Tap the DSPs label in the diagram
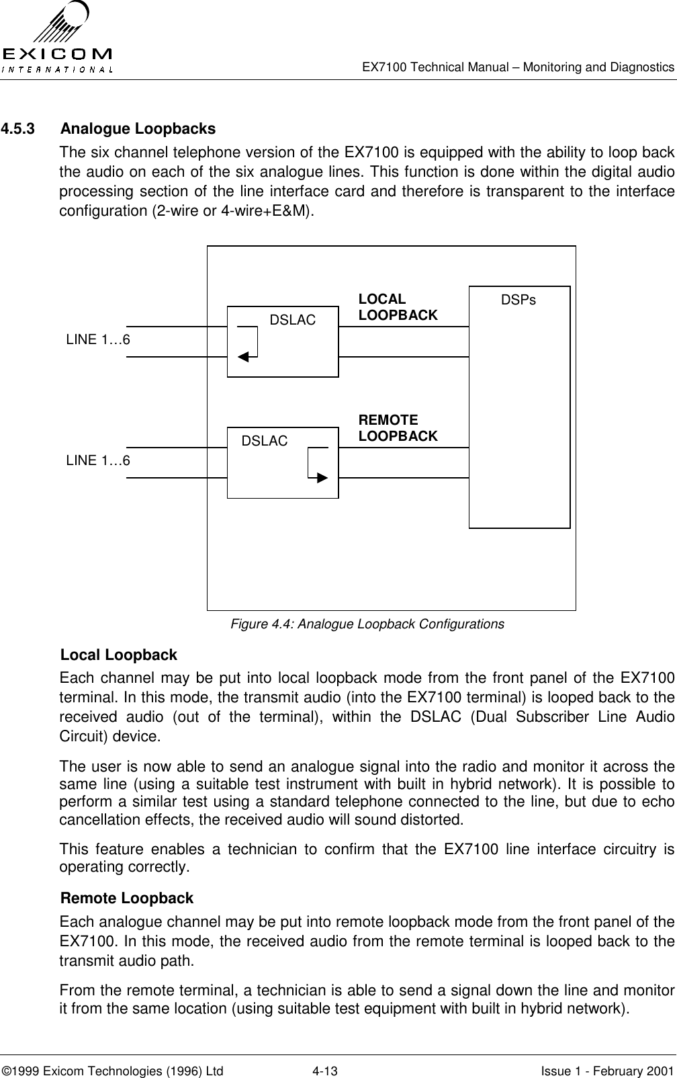pos(518,300)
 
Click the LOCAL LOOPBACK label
pos(398,307)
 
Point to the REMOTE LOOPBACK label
pos(398,428)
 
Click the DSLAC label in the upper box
pos(292,321)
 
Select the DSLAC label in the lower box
pos(264,441)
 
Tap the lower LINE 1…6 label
pos(98,460)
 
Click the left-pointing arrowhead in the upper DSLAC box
pos(243,356)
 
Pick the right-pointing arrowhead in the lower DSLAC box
pos(322,478)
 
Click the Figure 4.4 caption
pos(367,624)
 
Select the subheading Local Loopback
pos(119,655)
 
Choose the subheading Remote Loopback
pos(126,898)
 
